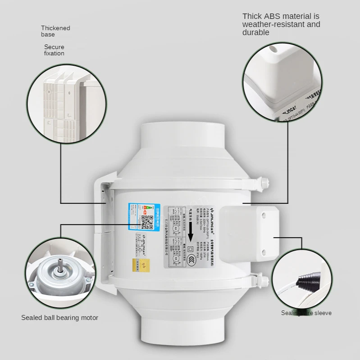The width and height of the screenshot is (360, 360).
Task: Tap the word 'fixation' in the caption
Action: [x=54, y=54]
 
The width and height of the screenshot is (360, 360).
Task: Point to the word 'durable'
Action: [x=256, y=32]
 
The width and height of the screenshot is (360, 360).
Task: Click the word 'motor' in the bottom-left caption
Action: [x=89, y=318]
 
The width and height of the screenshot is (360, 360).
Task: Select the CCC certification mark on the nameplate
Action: [x=192, y=258]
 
